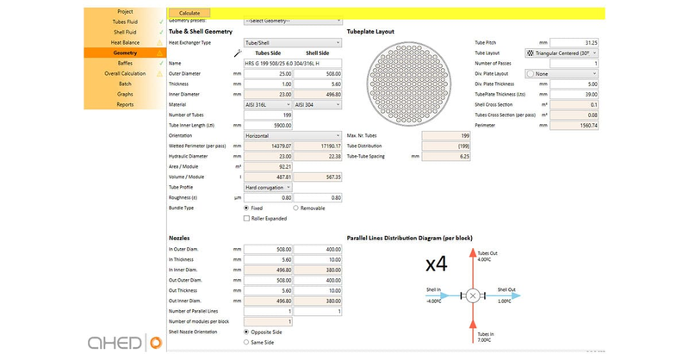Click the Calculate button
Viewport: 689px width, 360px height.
pyautogui.click(x=189, y=13)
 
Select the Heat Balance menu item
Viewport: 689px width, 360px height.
pyautogui.click(x=125, y=42)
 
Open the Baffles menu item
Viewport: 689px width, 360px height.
pyautogui.click(x=125, y=63)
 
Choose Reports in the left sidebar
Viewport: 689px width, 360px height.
pyautogui.click(x=125, y=104)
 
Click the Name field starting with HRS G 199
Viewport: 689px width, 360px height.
pyautogui.click(x=293, y=63)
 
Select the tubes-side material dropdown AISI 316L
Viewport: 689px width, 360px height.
pyautogui.click(x=268, y=104)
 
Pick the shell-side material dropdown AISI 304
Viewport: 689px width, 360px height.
pyautogui.click(x=318, y=104)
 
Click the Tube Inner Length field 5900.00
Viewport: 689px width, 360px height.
pyautogui.click(x=268, y=125)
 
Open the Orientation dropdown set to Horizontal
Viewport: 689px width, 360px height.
pyautogui.click(x=293, y=135)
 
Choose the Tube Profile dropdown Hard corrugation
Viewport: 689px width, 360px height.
pyautogui.click(x=268, y=187)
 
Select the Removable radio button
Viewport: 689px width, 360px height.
pyautogui.click(x=296, y=208)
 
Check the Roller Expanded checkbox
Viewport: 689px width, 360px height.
pyautogui.click(x=247, y=219)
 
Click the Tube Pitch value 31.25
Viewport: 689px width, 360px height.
pyautogui.click(x=574, y=42)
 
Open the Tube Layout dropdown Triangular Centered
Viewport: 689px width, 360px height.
pyautogui.click(x=574, y=53)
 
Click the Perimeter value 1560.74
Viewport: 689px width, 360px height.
pyautogui.click(x=574, y=125)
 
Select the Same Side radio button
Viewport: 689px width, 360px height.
pyautogui.click(x=247, y=343)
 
